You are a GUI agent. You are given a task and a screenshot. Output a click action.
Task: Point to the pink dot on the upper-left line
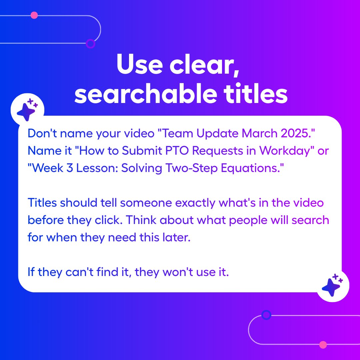pyautogui.click(x=34, y=15)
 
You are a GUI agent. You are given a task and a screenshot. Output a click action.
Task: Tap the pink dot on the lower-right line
pyautogui.click(x=323, y=344)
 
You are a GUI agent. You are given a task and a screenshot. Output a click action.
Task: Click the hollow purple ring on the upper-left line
pyautogui.click(x=90, y=43)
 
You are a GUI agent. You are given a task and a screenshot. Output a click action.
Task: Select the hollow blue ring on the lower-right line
pyautogui.click(x=266, y=315)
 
